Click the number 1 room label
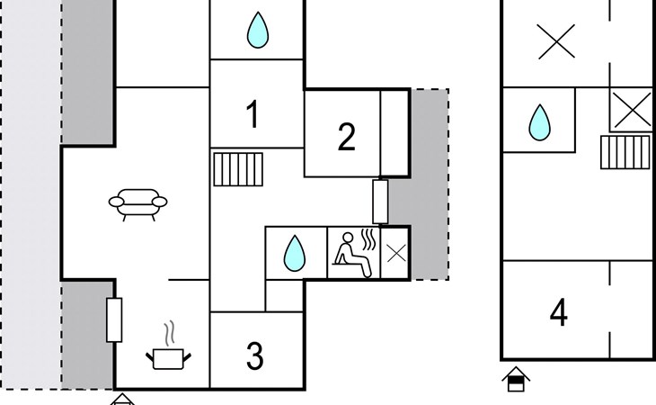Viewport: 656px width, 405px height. tap(253, 115)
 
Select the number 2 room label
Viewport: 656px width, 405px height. tap(347, 137)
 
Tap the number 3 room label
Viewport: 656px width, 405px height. tap(255, 356)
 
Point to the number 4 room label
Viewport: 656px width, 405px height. tap(559, 314)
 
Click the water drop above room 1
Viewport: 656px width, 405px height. tap(257, 31)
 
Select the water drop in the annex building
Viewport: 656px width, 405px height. tap(539, 122)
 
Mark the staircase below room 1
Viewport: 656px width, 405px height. tap(239, 168)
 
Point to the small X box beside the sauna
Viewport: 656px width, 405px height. tap(395, 253)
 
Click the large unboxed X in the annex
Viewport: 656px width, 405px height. tap(555, 40)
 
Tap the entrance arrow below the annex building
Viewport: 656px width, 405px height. tap(516, 379)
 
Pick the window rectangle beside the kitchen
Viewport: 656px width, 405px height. tap(114, 319)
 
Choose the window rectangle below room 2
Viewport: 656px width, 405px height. tap(381, 202)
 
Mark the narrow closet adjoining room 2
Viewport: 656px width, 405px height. tap(394, 132)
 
